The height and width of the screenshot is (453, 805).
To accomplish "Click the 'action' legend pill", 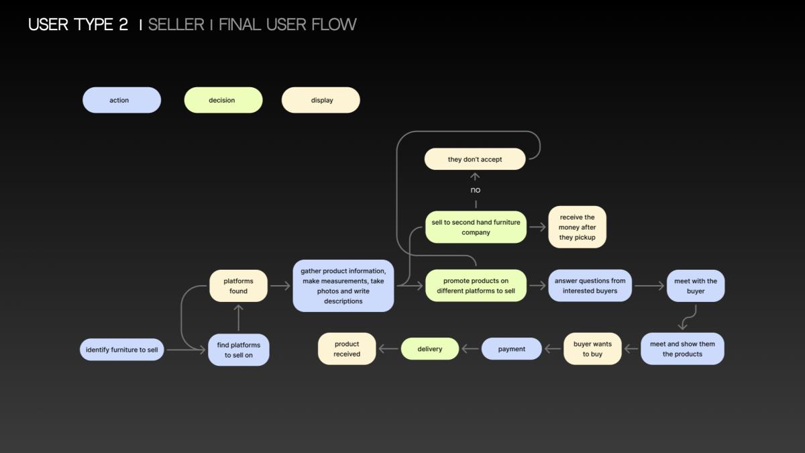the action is coord(122,100).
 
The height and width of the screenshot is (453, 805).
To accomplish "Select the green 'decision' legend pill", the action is coord(223,100).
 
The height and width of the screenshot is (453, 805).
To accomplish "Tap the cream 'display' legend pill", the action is coord(321,100).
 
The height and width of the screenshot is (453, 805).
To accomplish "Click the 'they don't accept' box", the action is coord(475,159).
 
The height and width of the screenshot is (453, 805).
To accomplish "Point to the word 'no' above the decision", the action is coord(475,190).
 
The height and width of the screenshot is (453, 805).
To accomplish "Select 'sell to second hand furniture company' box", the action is coord(476,228).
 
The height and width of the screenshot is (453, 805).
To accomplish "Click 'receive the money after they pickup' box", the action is coord(577,227).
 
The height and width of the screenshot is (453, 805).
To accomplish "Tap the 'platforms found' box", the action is coord(238,286).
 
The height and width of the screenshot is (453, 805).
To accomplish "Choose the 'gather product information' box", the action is coord(343,286).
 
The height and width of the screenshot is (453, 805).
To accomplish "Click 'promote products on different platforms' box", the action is coord(476,285).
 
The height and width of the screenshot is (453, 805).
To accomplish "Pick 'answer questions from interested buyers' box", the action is coord(590,285).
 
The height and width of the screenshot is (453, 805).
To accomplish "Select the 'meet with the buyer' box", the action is coord(696,286).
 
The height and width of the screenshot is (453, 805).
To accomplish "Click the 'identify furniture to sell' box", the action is coord(122,350).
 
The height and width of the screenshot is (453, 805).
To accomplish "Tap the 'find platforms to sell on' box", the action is coord(239,350).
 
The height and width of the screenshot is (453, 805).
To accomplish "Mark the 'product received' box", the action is coord(347,349).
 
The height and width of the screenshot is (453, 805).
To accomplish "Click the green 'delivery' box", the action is coord(430,349).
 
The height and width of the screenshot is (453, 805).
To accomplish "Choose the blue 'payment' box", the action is coord(511,349).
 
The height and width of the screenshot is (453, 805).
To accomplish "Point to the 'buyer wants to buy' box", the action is coord(592,349).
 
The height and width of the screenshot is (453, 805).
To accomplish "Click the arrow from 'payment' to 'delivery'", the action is coord(470,349).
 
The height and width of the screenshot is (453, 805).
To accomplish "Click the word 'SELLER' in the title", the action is coord(176,24).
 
